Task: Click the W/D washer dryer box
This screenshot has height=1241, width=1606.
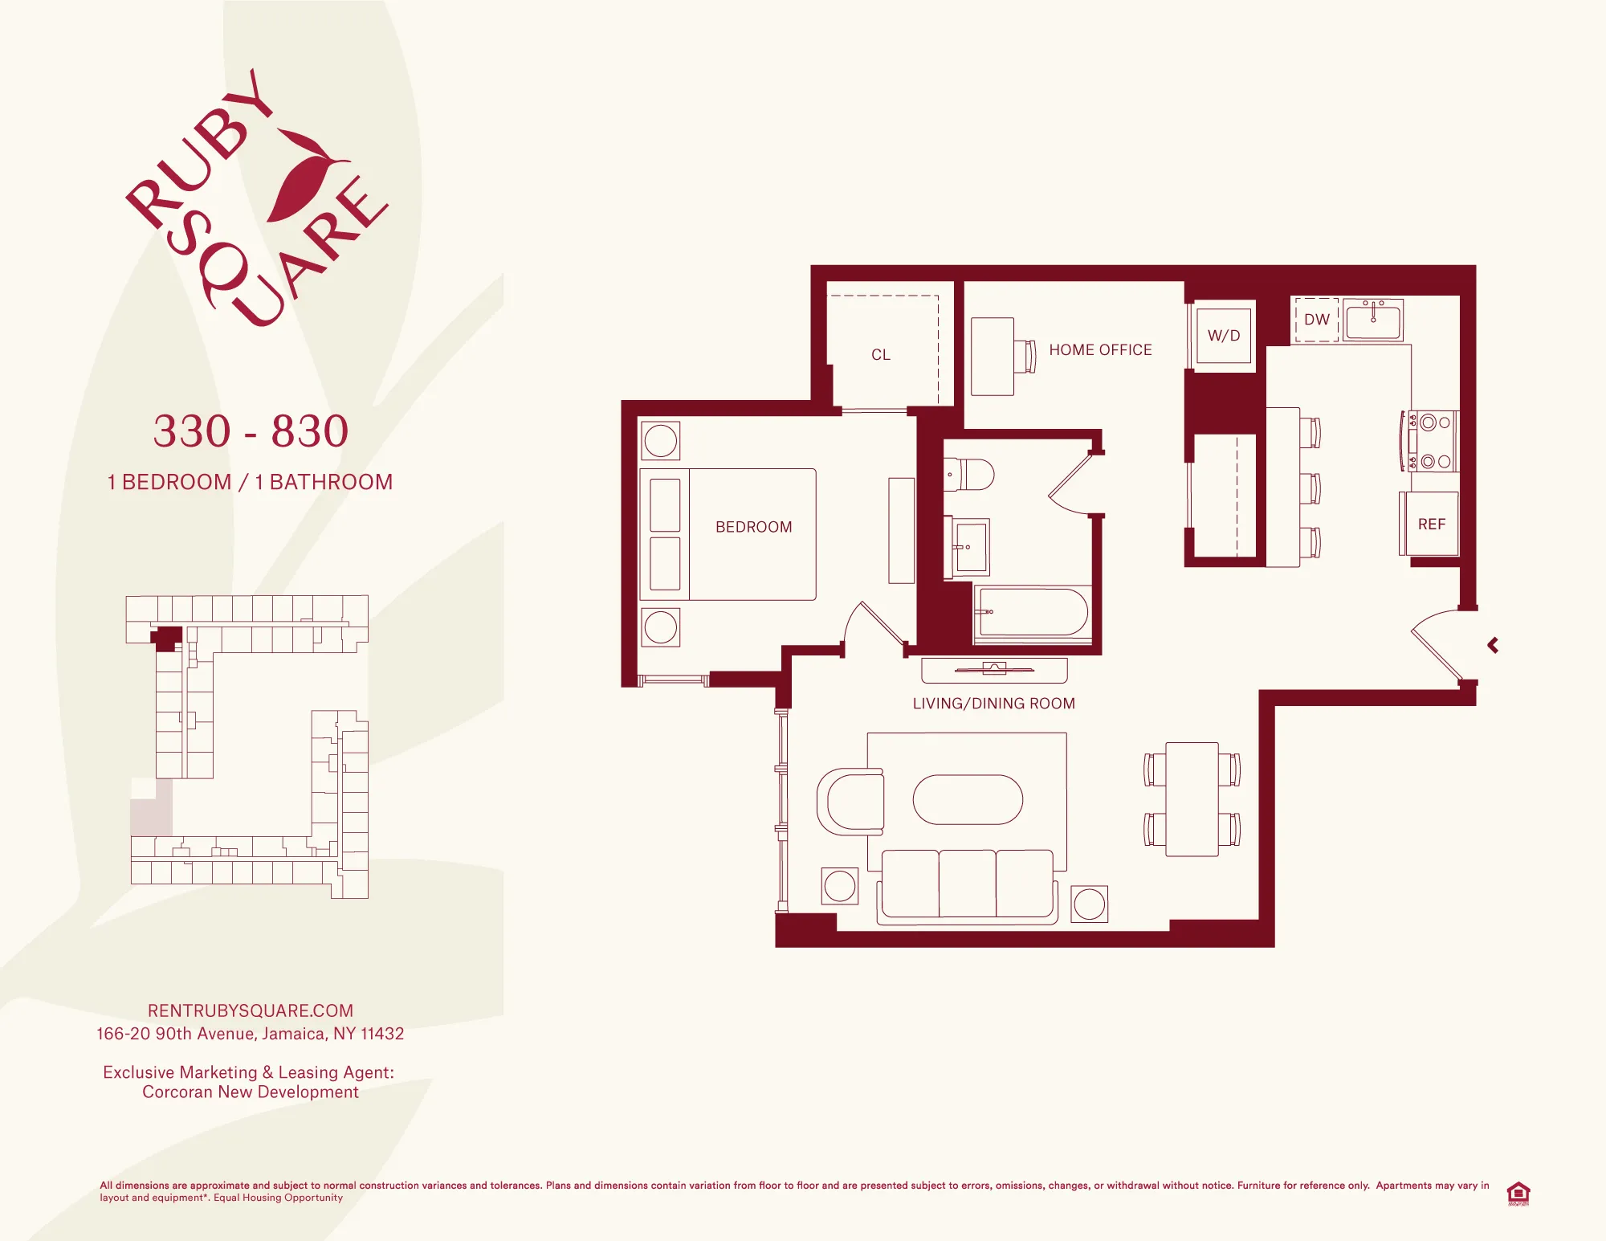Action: pyautogui.click(x=1223, y=336)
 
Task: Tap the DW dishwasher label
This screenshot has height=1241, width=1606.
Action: pyautogui.click(x=1316, y=320)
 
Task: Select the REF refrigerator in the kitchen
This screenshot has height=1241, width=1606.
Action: pyautogui.click(x=1431, y=525)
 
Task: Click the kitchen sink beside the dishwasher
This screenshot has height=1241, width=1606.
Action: pyautogui.click(x=1373, y=320)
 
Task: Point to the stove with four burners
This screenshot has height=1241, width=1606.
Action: pyautogui.click(x=1433, y=441)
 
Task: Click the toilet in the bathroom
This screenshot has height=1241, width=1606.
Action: pyautogui.click(x=969, y=475)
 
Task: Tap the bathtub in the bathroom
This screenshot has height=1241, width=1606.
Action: pyautogui.click(x=1033, y=613)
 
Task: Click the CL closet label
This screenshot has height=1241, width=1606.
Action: pyautogui.click(x=881, y=355)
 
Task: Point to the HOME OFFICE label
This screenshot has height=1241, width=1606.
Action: pyautogui.click(x=1100, y=350)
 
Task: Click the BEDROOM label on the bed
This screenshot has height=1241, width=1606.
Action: pyautogui.click(x=753, y=527)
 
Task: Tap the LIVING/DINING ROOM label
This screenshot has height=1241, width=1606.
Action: pyautogui.click(x=993, y=704)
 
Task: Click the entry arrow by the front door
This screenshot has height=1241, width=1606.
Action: pyautogui.click(x=1493, y=645)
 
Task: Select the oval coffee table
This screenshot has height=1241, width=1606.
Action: pyautogui.click(x=968, y=800)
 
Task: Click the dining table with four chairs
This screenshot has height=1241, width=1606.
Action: pyautogui.click(x=1192, y=799)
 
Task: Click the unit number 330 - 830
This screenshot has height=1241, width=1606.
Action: pyautogui.click(x=251, y=431)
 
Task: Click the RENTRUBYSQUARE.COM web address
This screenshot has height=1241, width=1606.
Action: pyautogui.click(x=251, y=1010)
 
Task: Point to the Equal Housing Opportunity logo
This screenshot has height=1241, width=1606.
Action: pyautogui.click(x=1518, y=1193)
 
